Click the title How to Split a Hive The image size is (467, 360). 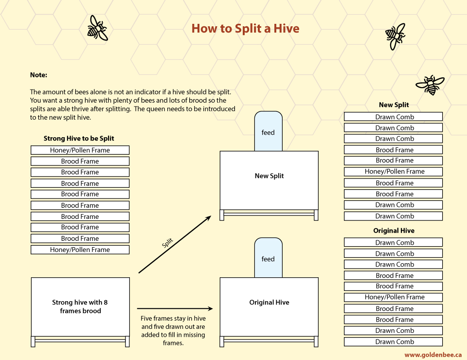point(245,29)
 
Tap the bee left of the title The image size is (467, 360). point(97,28)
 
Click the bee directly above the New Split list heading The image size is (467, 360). point(430,85)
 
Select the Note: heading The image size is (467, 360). point(38,75)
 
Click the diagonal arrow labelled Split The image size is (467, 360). point(175,245)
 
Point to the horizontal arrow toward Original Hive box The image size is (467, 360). point(175,308)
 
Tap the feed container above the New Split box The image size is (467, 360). point(268,131)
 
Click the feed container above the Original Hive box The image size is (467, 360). point(268,258)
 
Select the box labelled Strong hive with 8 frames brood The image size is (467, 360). point(80,307)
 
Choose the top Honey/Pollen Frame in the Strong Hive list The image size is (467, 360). point(80,150)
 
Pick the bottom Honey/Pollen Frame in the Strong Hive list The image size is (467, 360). point(80,250)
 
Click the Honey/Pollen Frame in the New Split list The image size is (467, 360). point(393,172)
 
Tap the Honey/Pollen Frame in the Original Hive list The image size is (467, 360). point(393,297)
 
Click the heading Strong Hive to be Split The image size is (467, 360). point(79,139)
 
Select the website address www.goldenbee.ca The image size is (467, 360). point(433,355)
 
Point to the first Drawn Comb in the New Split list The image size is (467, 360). point(393,117)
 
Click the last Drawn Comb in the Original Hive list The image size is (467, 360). point(393,342)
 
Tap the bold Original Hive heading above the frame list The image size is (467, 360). point(394,231)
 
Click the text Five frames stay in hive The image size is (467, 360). point(173,318)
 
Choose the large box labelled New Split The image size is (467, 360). point(269,180)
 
